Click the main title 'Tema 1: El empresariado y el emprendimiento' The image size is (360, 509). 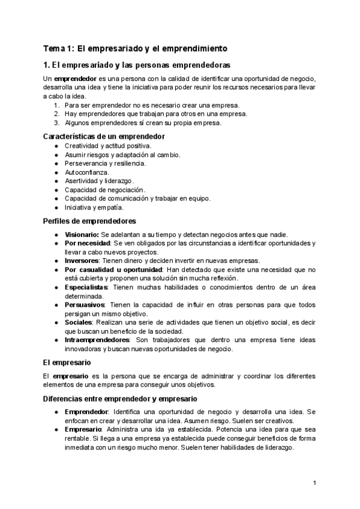135,48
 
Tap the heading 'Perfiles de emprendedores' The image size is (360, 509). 89,221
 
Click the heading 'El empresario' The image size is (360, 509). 67,363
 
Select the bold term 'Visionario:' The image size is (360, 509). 82,234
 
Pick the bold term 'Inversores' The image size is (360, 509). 82,261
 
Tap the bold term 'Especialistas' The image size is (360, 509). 86,287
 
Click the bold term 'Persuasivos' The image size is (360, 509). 85,304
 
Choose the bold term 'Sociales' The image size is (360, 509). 78,322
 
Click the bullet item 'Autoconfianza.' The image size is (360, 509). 87,172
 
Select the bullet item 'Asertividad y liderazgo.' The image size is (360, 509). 99,181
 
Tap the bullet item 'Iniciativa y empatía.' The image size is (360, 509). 94,207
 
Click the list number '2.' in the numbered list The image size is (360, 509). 56,114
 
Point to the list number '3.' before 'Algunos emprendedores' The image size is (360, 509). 56,123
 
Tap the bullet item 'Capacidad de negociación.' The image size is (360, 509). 105,190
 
